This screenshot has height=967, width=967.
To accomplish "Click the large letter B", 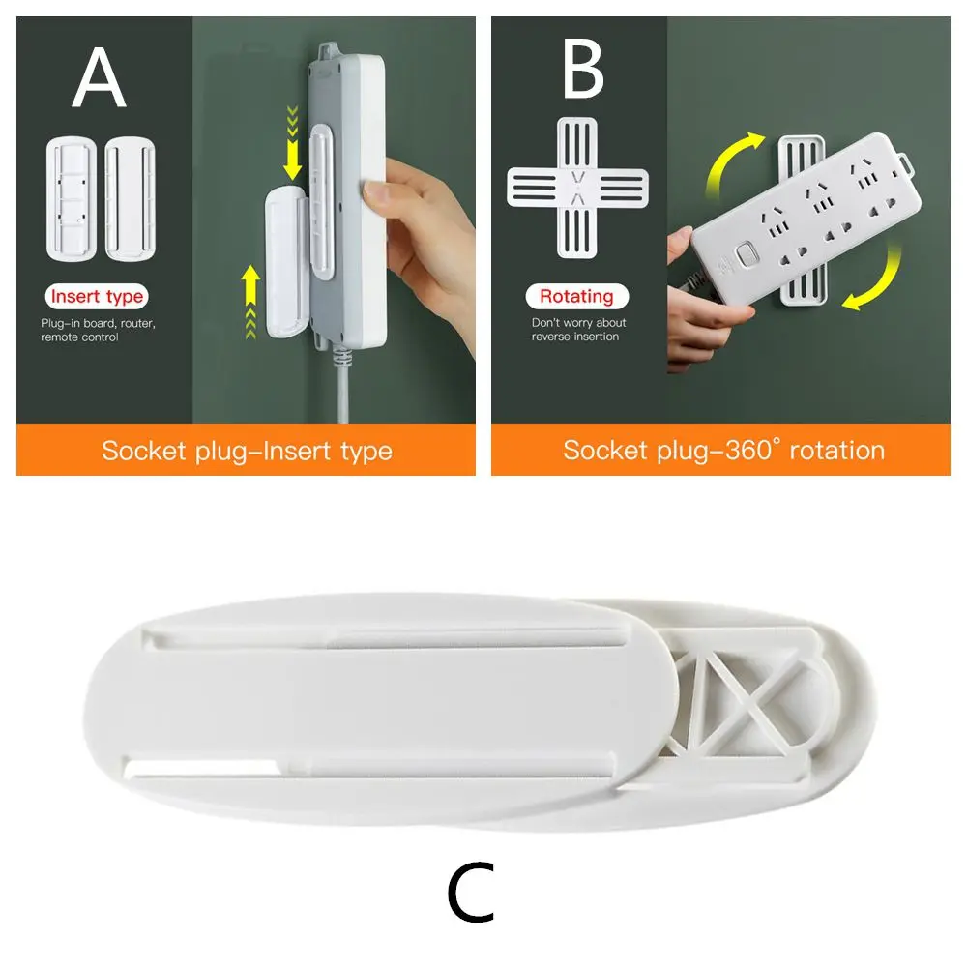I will (x=583, y=70).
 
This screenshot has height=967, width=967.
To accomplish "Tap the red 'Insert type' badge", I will (x=97, y=297).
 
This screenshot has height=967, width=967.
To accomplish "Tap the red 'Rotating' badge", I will (x=576, y=296).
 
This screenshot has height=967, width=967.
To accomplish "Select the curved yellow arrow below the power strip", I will (x=871, y=283).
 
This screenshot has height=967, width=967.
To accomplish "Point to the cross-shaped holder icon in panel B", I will (x=577, y=188).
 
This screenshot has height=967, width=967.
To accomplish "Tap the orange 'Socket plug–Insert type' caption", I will (x=247, y=451).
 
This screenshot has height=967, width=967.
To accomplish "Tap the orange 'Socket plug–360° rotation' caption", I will (x=723, y=451).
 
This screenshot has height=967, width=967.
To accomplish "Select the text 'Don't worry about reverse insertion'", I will (x=578, y=330).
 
